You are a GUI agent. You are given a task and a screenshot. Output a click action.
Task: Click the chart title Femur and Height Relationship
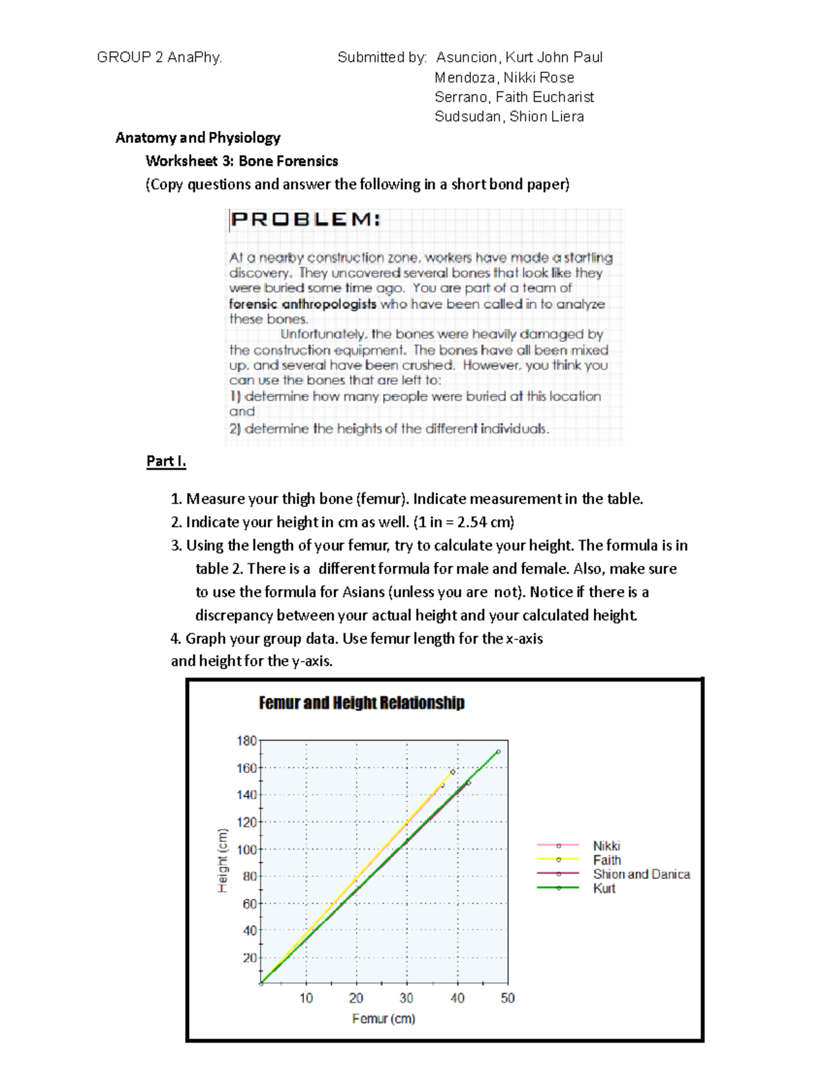362,703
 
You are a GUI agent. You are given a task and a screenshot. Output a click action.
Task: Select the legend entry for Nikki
606,846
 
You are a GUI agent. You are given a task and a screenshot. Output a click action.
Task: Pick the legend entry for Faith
606,860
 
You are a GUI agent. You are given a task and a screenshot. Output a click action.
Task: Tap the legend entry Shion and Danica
641,874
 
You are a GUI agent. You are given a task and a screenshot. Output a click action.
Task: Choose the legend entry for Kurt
604,889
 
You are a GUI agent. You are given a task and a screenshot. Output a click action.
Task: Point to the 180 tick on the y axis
246,741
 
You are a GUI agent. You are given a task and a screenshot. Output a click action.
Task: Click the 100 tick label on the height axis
246,849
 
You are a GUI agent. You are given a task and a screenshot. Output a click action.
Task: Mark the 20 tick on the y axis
249,957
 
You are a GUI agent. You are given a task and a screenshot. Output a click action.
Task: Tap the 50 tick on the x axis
507,998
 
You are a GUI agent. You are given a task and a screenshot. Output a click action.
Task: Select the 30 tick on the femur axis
406,998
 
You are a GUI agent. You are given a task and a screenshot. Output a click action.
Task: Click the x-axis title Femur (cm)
384,1018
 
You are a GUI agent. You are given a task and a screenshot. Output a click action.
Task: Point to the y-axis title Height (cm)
223,860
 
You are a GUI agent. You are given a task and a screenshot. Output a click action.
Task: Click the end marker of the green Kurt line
498,752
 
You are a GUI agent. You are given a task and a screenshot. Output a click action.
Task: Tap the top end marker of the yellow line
452,772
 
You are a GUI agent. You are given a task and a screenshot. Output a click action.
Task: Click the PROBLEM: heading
305,219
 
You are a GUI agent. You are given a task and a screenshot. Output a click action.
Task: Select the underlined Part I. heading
166,461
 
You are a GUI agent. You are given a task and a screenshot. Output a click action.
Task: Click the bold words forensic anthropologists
302,304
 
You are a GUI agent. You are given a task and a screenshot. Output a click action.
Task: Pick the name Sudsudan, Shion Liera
509,116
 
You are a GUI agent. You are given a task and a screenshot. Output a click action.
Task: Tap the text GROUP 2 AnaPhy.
159,57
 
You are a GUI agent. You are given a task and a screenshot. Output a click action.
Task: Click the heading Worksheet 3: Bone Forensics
242,161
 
